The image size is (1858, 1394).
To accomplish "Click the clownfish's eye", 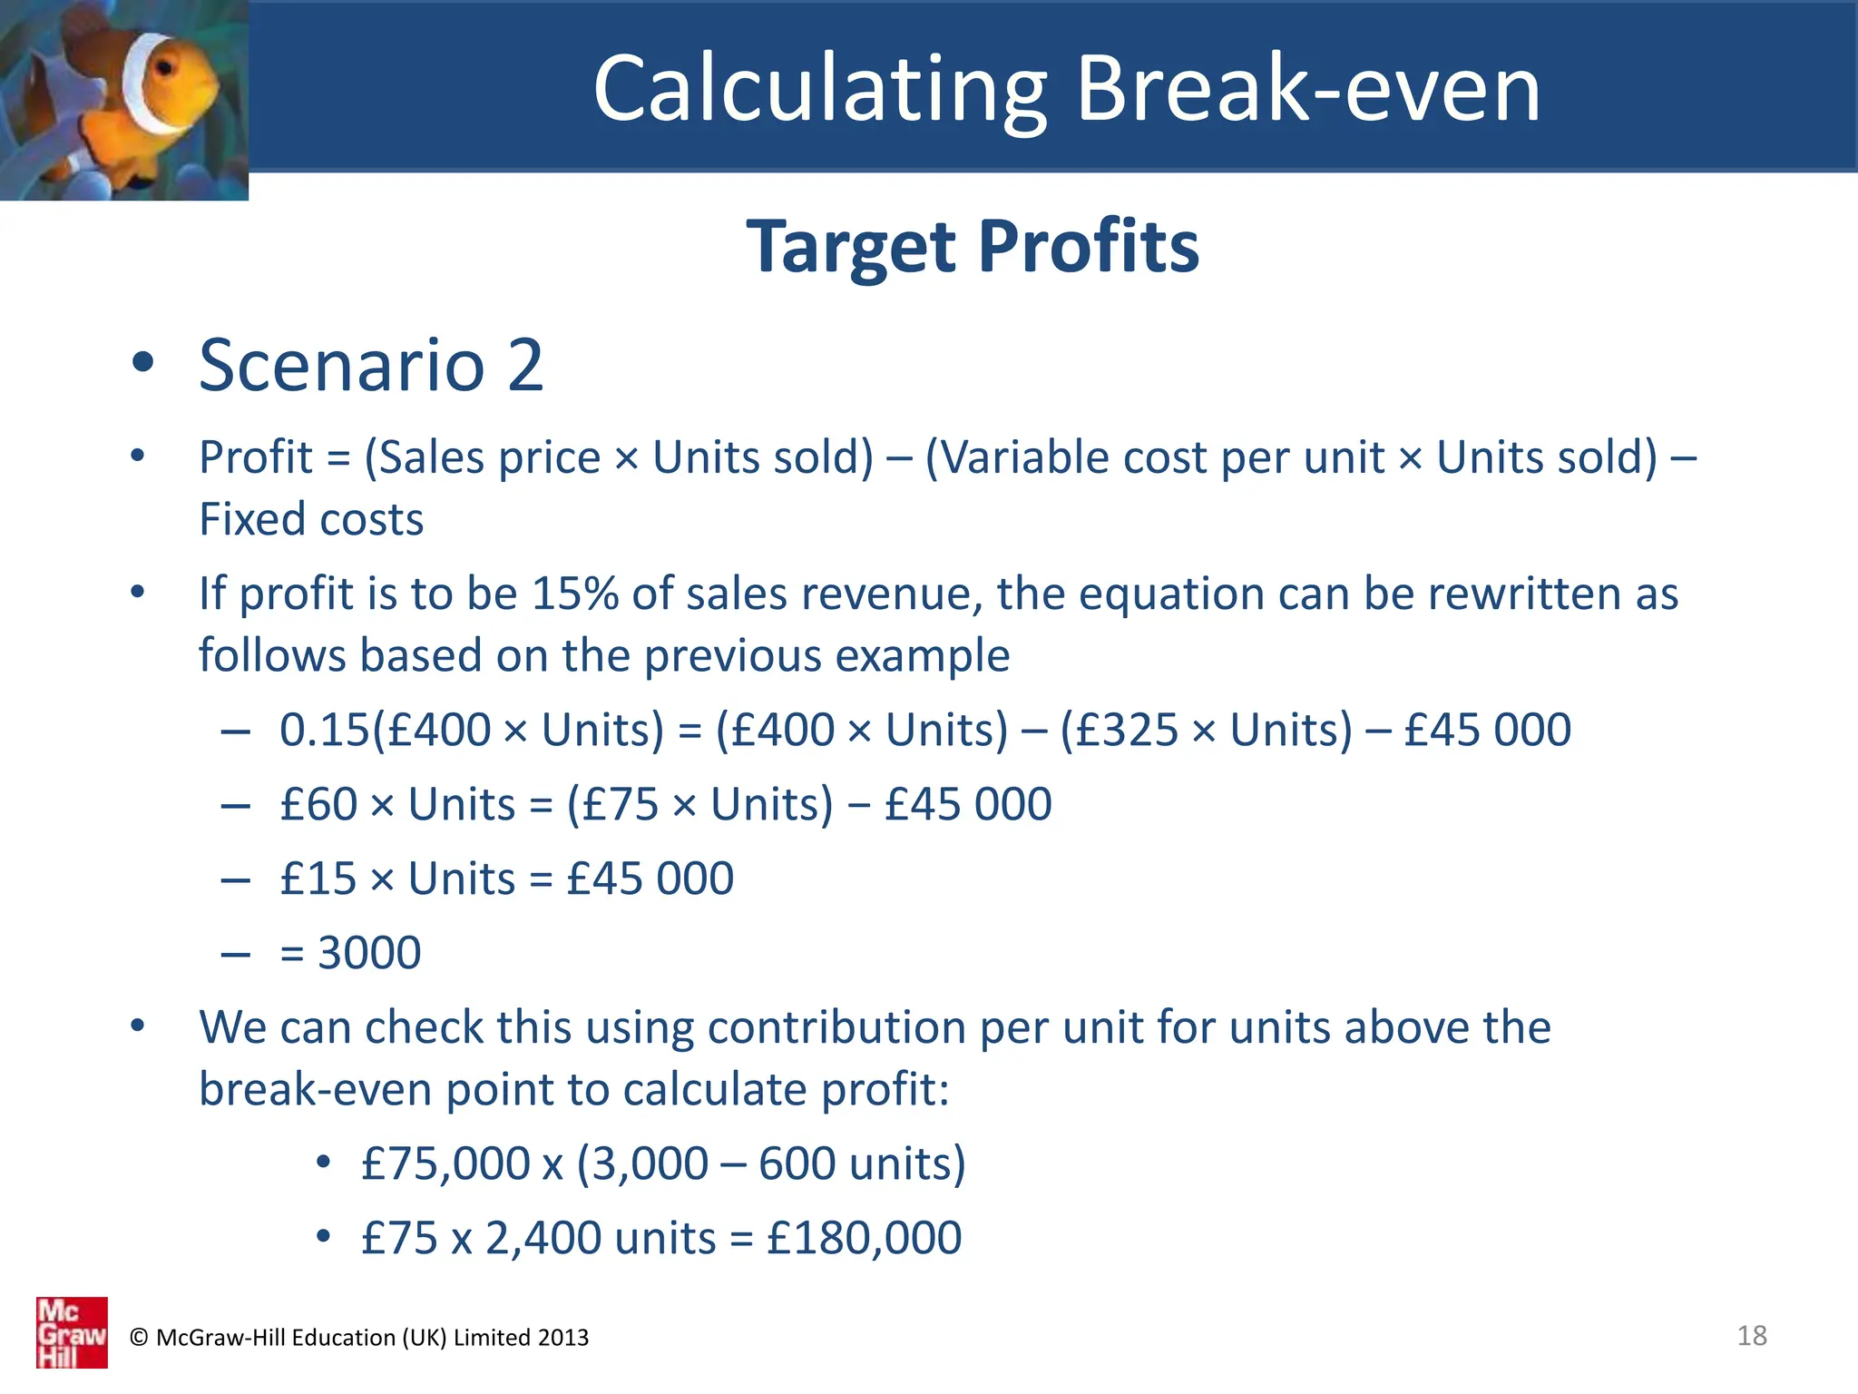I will (x=165, y=68).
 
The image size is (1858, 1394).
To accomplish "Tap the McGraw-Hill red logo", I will (x=72, y=1331).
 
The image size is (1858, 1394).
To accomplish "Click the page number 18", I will (x=1752, y=1335).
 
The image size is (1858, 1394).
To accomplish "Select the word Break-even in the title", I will (x=1308, y=88).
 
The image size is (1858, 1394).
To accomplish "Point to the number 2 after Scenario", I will (x=525, y=365).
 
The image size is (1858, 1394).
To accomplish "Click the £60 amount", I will (x=318, y=804).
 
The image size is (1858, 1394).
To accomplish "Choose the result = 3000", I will (x=351, y=953).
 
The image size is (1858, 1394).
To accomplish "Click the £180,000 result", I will (x=864, y=1238).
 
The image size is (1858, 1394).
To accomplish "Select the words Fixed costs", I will (x=311, y=519).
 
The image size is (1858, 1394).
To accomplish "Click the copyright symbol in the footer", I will (x=139, y=1337).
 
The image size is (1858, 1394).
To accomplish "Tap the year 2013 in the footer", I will (x=562, y=1337).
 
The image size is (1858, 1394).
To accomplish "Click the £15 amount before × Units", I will (x=318, y=879).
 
